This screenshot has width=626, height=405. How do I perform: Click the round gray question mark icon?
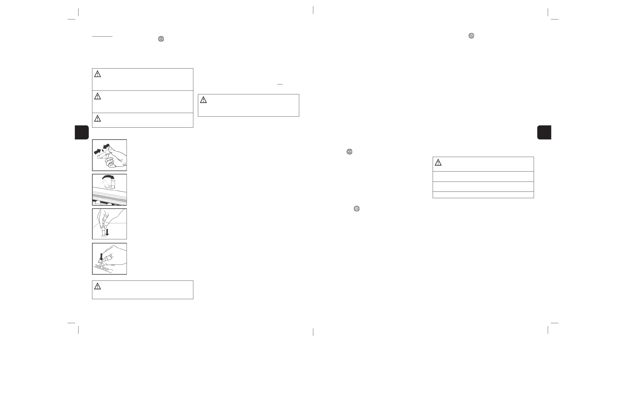click(356, 209)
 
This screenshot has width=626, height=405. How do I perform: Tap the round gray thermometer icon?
click(471, 36)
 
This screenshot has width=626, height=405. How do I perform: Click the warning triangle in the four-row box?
click(438, 163)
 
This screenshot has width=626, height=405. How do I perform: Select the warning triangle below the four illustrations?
click(98, 286)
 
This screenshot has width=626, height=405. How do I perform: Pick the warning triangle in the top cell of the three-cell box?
click(98, 74)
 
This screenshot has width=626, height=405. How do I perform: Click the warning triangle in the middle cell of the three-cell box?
click(98, 96)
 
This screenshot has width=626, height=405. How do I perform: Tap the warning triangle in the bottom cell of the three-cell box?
click(98, 119)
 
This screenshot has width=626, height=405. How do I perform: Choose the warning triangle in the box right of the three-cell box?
click(203, 100)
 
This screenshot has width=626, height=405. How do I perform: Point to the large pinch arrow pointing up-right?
click(97, 151)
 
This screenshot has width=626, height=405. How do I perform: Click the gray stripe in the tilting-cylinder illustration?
click(109, 196)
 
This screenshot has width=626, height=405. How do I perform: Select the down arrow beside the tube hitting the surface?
click(107, 232)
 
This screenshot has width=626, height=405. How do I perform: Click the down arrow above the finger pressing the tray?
click(101, 256)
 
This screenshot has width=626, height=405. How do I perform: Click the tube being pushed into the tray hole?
click(101, 264)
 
